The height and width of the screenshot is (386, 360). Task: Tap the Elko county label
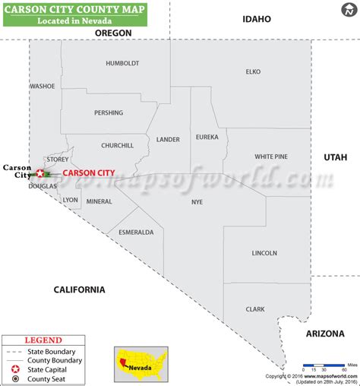tap(253, 71)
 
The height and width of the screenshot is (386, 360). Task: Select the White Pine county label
tap(271, 157)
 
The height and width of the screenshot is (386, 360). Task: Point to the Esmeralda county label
tap(136, 232)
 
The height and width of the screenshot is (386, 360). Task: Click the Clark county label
tap(254, 309)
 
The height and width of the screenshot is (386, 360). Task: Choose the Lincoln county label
tap(264, 253)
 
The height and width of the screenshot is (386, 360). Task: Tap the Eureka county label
tap(207, 138)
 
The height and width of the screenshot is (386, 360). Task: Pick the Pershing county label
tap(109, 113)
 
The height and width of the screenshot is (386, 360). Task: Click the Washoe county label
tap(43, 87)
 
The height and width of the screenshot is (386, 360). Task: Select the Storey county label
tap(57, 160)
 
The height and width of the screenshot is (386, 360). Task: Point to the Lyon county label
tap(71, 200)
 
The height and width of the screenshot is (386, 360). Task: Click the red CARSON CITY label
tap(89, 173)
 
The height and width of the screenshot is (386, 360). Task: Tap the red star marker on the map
tap(40, 173)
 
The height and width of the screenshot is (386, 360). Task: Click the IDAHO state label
tap(257, 18)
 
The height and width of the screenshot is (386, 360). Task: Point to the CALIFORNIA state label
tap(79, 289)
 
